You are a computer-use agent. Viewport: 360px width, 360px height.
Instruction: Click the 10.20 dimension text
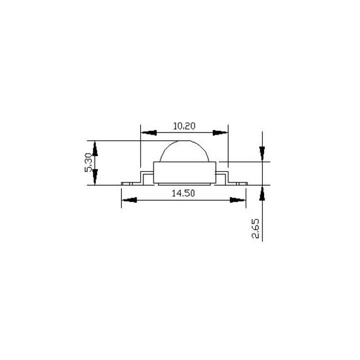184,126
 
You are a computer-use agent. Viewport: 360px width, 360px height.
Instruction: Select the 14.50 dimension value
183,193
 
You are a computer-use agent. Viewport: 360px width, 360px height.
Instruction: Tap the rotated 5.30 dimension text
88,163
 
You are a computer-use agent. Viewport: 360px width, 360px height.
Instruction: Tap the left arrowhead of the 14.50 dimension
129,200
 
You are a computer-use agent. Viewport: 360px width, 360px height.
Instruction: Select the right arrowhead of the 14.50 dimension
239,200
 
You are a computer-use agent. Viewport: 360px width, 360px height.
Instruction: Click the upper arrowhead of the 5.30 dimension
95,148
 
